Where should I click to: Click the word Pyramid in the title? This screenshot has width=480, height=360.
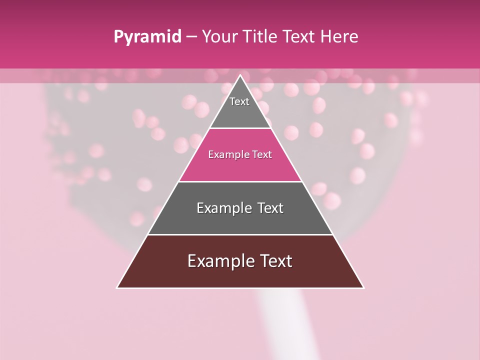pos(147,37)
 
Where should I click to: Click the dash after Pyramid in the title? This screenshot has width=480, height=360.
pos(191,37)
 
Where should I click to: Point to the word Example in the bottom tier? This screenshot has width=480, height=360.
pos(218,261)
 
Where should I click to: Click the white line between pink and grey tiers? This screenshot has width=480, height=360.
pos(240,181)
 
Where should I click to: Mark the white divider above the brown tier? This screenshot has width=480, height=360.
pos(240,234)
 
